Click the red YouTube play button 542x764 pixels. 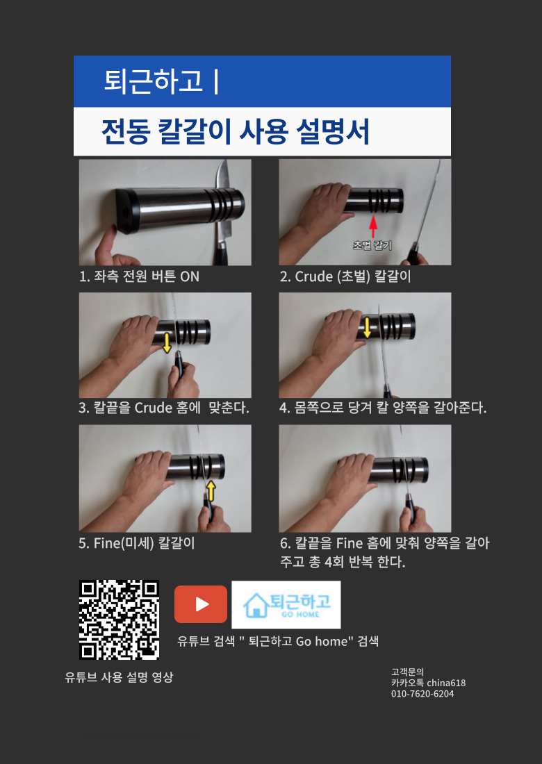pos(201,604)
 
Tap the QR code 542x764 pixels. pos(120,620)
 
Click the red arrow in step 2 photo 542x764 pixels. pos(373,227)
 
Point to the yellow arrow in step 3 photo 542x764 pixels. pos(167,342)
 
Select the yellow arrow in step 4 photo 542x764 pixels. pos(368,327)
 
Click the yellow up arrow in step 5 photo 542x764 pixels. pos(211,490)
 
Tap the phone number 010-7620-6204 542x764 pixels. pos(422,694)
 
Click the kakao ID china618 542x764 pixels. pos(446,683)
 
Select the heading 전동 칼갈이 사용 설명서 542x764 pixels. pos(236,131)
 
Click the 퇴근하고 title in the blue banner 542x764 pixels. pos(153,81)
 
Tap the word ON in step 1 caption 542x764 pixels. pos(190,276)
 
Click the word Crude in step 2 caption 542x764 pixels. pos(314,276)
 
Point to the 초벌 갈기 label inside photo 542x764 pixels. pos(372,245)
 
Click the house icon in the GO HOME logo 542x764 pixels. pos(256,605)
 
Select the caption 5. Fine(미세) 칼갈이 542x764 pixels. pos(137,543)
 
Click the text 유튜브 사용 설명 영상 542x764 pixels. pos(119,676)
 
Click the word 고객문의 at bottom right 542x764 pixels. pos(407,672)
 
